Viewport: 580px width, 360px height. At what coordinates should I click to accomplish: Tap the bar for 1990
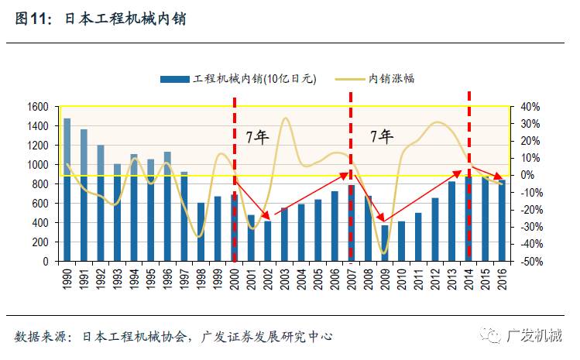67,190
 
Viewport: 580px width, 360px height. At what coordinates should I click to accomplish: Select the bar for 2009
385,243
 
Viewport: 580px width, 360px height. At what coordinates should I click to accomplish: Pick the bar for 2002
268,241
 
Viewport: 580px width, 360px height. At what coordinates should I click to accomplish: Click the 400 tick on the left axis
40,223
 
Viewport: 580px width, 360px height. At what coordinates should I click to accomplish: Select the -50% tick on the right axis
528,262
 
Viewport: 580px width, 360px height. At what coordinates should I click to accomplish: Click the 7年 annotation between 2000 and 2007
257,137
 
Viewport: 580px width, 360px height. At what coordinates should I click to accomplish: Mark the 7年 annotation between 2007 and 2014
381,137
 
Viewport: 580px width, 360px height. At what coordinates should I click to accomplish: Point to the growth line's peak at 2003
285,118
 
